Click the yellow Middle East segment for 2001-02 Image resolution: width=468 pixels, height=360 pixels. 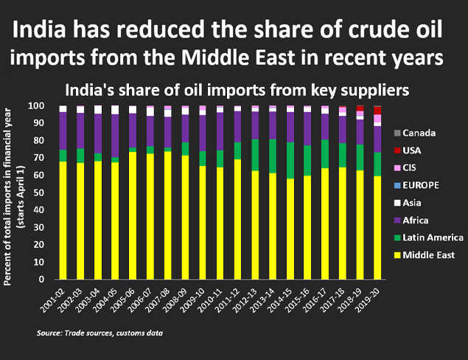pos(63,221)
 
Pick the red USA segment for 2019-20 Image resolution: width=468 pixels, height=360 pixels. pos(377,110)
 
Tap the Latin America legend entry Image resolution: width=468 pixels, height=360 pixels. pos(427,238)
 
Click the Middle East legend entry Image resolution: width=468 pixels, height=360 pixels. pos(424,255)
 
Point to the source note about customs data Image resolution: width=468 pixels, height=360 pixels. pos(99,334)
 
